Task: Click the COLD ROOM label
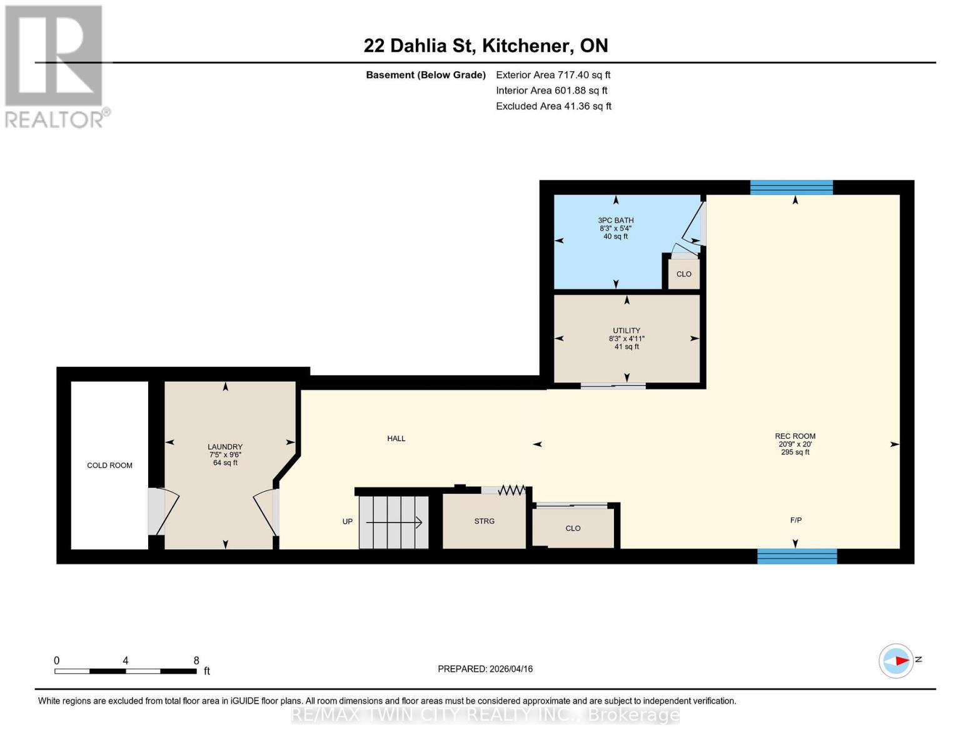109,466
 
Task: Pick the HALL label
396,439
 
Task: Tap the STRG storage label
485,521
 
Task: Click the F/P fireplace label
796,520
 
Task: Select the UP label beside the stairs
348,522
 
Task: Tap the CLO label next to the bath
684,274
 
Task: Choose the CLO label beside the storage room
573,529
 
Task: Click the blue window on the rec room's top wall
792,187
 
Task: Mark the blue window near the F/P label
797,556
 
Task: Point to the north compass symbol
897,661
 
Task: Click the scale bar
126,671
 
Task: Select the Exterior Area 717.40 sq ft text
553,75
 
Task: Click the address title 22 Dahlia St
486,46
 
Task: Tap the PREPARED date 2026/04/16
485,669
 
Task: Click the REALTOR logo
55,66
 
